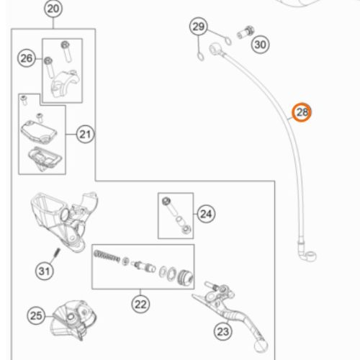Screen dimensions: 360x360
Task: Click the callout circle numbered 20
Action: [x=53, y=9]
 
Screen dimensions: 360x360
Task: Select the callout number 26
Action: [x=27, y=58]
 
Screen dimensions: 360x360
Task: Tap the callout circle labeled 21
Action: [x=85, y=135]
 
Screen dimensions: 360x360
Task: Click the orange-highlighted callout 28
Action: [x=302, y=112]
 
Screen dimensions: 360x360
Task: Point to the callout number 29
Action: [x=199, y=27]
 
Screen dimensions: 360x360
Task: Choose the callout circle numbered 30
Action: [x=261, y=45]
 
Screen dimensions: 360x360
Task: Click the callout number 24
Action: [x=206, y=214]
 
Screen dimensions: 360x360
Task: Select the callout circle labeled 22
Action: [x=140, y=305]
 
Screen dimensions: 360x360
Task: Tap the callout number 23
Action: [x=223, y=332]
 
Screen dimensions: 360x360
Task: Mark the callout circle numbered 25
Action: [x=36, y=315]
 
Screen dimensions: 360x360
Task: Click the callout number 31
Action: [x=45, y=271]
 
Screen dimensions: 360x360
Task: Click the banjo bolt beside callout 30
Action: [x=246, y=32]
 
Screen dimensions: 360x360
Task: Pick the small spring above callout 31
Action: [x=57, y=253]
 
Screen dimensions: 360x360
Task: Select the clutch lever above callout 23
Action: [x=230, y=312]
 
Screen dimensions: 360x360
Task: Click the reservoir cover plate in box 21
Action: [x=39, y=132]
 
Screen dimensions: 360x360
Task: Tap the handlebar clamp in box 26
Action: [x=65, y=83]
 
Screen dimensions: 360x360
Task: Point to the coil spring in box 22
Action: [x=107, y=256]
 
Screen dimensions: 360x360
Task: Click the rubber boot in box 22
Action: [x=185, y=278]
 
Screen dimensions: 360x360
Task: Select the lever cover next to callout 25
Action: [x=73, y=319]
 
